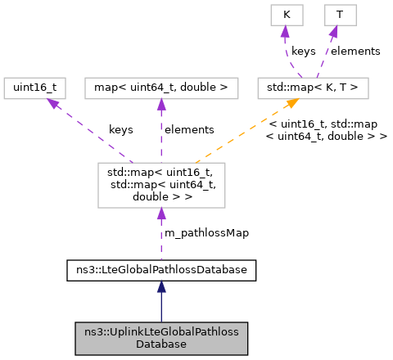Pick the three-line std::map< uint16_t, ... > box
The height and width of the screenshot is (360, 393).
(x=161, y=185)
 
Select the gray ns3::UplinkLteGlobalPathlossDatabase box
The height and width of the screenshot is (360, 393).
(x=161, y=337)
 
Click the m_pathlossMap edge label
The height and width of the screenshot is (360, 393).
(x=206, y=232)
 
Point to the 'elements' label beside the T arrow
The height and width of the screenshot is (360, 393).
(x=355, y=51)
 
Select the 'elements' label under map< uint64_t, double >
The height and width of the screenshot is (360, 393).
(x=189, y=129)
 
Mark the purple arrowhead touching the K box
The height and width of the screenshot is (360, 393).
(x=285, y=31)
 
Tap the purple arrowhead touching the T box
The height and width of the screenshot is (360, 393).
(x=335, y=31)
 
